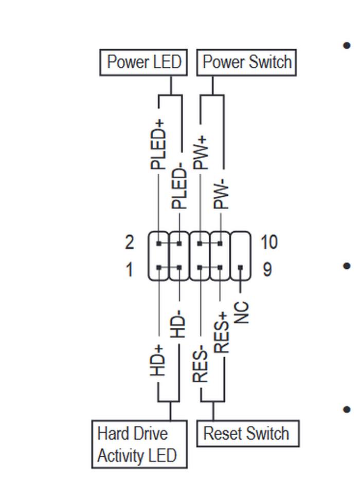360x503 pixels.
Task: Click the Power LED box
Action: coord(143,63)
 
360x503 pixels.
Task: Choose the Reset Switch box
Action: coord(247,434)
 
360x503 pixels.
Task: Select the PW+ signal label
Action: coord(200,150)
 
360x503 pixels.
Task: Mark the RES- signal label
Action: coord(200,366)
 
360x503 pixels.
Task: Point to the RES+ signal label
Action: coord(221,333)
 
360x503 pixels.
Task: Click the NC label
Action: coord(241,312)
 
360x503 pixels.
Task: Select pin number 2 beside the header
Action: coord(130,242)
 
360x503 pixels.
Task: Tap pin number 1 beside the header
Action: coord(130,269)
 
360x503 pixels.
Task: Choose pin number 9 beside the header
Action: coord(267,269)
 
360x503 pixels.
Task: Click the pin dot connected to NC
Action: coord(241,268)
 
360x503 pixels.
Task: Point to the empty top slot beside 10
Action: coord(241,243)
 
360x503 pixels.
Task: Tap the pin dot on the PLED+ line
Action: coord(158,243)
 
